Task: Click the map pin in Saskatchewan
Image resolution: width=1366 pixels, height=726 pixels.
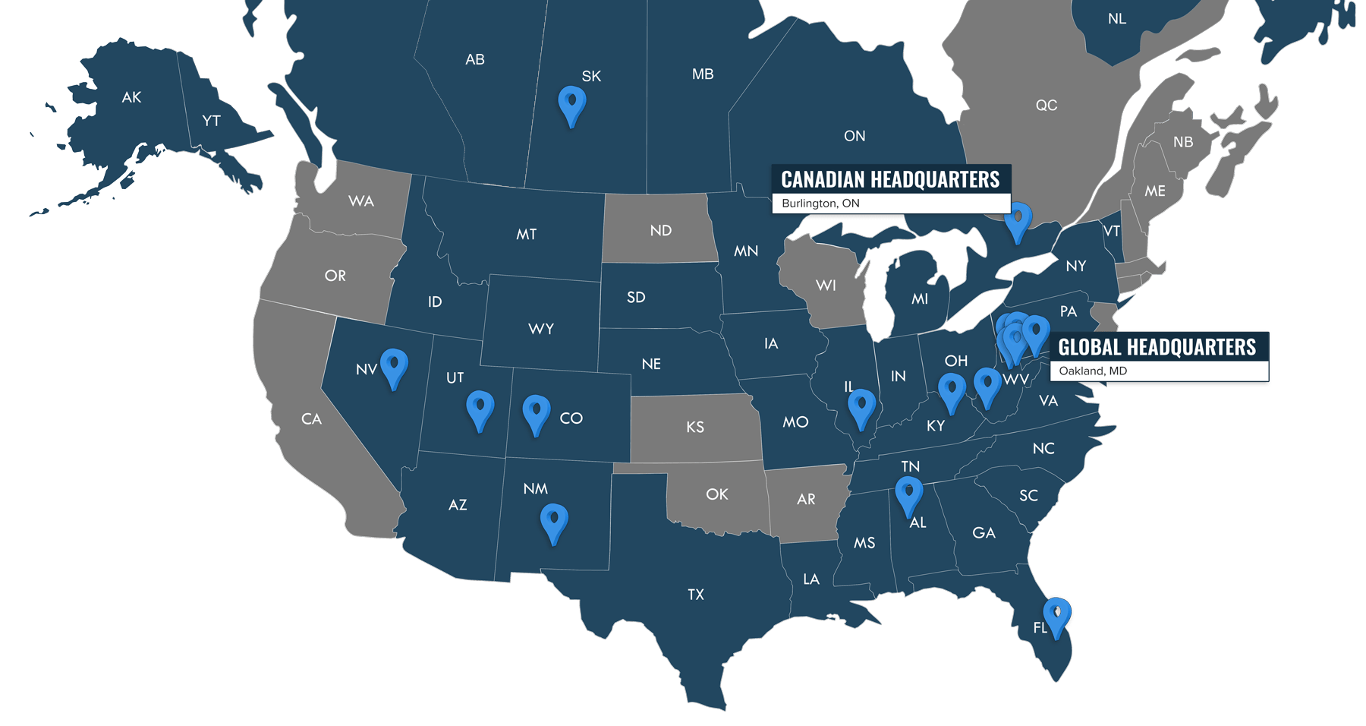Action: coord(571,103)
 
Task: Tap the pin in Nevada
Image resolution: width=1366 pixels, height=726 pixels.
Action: coord(393,365)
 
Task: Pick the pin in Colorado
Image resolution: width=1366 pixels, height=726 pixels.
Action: coord(536,412)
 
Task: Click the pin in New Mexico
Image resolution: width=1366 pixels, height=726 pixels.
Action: coord(554,520)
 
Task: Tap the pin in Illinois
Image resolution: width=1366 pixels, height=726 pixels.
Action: coord(861,406)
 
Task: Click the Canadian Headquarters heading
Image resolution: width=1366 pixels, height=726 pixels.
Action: coord(890,180)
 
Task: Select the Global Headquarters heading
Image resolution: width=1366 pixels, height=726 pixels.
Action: coord(1157,348)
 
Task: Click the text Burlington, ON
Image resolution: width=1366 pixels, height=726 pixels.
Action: coord(820,204)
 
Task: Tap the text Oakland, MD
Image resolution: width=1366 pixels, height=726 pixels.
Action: coord(1093,371)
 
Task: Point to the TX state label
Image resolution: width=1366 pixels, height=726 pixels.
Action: coord(696,595)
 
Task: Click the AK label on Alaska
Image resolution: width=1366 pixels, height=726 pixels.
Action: coord(131,97)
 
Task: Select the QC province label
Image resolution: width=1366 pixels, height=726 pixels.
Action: coord(1046,106)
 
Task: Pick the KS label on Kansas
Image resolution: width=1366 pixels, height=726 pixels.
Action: coord(694,428)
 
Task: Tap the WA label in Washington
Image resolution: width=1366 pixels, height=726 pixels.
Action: coord(360,201)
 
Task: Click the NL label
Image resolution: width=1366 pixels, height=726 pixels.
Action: coord(1116,19)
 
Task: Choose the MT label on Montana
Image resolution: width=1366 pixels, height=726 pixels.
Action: coord(526,235)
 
